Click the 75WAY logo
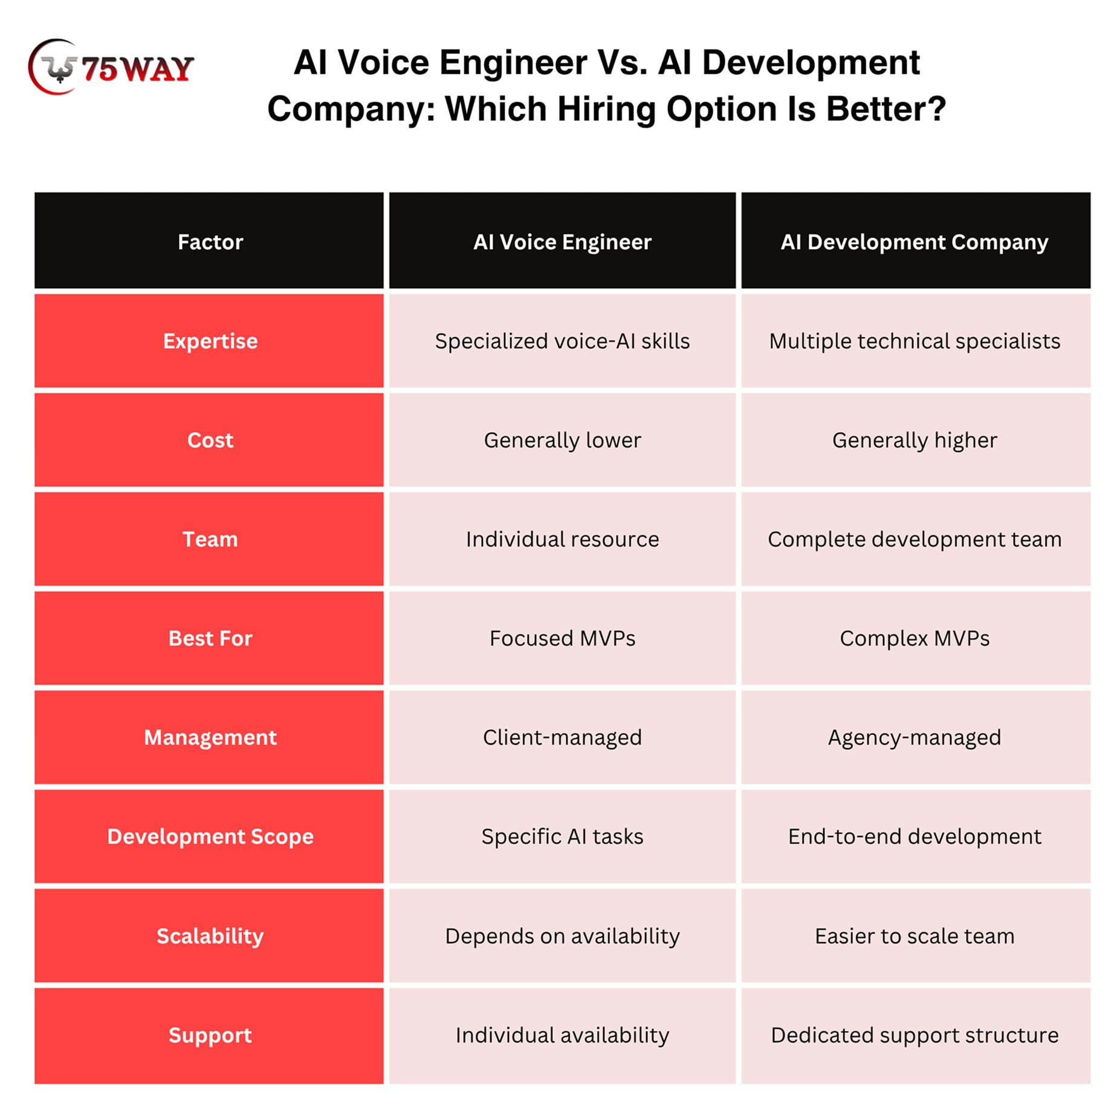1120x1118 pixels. click(111, 67)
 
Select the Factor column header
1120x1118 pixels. click(209, 241)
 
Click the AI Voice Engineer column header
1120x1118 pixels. click(562, 241)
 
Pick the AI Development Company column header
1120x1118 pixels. click(916, 241)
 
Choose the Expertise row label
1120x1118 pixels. click(209, 341)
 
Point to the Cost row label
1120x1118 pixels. click(209, 440)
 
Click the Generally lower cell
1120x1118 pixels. click(562, 440)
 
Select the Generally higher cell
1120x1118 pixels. click(916, 440)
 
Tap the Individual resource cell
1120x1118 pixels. click(562, 539)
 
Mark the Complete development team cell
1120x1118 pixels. click(916, 539)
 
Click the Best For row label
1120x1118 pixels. click(209, 638)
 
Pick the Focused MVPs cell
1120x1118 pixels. click(562, 638)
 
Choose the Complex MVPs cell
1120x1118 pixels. click(916, 638)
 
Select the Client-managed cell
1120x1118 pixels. click(562, 737)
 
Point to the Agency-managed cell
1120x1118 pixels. click(916, 737)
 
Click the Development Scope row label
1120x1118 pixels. click(209, 836)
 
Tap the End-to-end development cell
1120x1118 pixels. click(916, 836)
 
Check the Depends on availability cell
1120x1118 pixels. click(562, 935)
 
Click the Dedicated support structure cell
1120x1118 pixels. click(916, 1035)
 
